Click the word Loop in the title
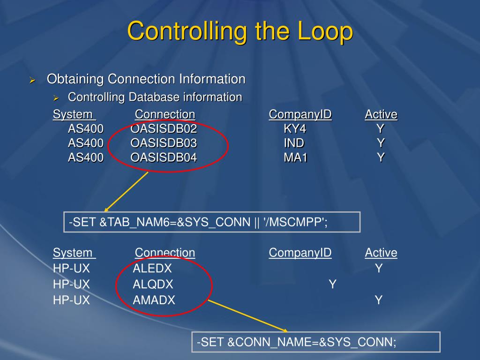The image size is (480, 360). pyautogui.click(x=324, y=32)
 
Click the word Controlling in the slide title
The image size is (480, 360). pyautogui.click(x=187, y=32)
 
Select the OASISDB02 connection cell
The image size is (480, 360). pyautogui.click(x=164, y=129)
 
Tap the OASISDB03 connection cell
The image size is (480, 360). pyautogui.click(x=164, y=143)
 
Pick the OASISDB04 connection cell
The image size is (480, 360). pyautogui.click(x=164, y=157)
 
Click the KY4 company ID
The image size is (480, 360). pyautogui.click(x=294, y=129)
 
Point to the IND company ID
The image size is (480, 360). pyautogui.click(x=294, y=143)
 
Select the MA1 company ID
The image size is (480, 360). pyautogui.click(x=295, y=157)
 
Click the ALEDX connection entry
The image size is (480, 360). pyautogui.click(x=152, y=269)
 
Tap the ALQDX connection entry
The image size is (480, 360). pyautogui.click(x=153, y=284)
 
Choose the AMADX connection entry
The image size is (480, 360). pyautogui.click(x=154, y=300)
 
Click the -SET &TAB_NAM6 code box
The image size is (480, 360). pyautogui.click(x=212, y=222)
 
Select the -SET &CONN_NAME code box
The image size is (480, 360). pyautogui.click(x=316, y=342)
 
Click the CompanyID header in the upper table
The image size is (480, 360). pyautogui.click(x=300, y=114)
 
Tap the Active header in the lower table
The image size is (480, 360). pyautogui.click(x=381, y=253)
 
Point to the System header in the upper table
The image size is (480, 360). pyautogui.click(x=73, y=114)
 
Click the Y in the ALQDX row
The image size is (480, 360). pyautogui.click(x=332, y=284)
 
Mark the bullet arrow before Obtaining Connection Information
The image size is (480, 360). pyautogui.click(x=33, y=80)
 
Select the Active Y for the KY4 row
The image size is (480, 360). pyautogui.click(x=380, y=129)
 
